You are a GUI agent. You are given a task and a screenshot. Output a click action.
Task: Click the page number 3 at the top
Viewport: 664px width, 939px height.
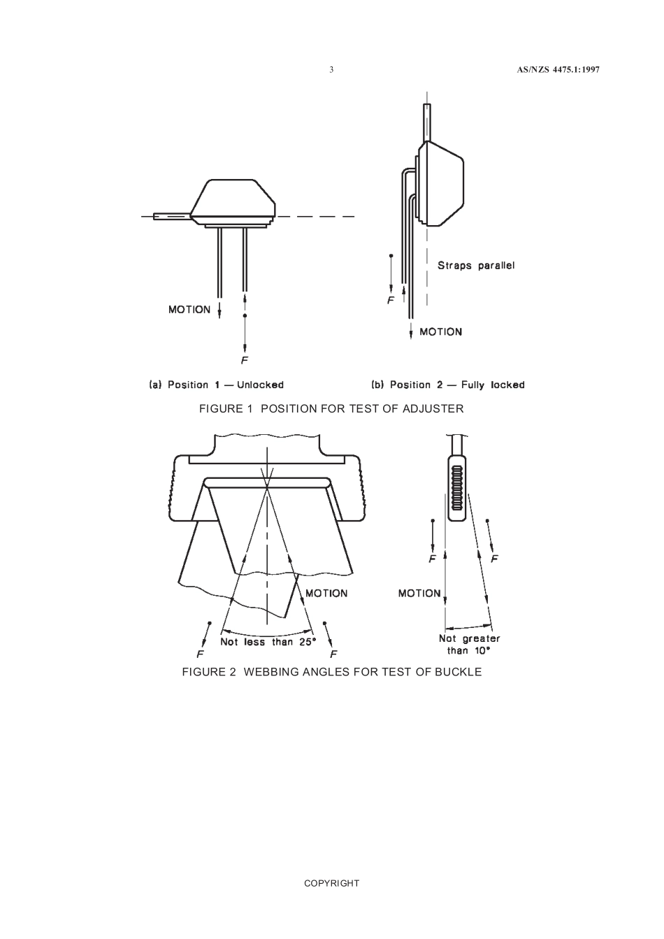[x=331, y=70]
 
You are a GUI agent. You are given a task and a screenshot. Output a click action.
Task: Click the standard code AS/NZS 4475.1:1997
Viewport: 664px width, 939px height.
[x=558, y=70]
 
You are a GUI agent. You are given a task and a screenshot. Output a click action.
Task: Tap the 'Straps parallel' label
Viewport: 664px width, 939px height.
[x=475, y=266]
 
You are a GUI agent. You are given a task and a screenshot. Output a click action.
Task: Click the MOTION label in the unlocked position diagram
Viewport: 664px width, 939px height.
[x=189, y=310]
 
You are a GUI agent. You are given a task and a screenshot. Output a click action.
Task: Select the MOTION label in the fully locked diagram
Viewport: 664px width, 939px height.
[x=440, y=332]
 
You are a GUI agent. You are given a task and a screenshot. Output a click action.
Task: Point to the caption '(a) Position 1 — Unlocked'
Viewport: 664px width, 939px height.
[x=217, y=385]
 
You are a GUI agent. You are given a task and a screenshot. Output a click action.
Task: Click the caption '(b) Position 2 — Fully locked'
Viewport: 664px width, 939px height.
[x=447, y=385]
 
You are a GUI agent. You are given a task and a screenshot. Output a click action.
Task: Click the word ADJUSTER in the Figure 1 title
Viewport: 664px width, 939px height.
[x=433, y=408]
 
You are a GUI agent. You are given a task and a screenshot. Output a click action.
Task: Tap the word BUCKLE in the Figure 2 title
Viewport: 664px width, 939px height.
[x=456, y=672]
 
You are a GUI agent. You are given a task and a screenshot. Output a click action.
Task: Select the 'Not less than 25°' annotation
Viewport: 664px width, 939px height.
[x=268, y=641]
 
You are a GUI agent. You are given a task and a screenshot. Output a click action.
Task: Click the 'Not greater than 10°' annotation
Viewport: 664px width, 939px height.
[x=469, y=644]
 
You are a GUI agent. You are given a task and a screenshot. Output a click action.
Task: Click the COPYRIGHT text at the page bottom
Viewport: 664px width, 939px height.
[x=331, y=883]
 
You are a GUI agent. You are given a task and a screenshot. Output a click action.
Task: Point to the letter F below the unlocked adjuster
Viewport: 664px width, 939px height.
[x=245, y=361]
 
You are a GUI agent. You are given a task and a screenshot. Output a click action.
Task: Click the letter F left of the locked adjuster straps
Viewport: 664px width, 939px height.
[x=391, y=301]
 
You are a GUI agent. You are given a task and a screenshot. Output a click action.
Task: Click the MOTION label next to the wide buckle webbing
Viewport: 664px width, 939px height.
[x=326, y=593]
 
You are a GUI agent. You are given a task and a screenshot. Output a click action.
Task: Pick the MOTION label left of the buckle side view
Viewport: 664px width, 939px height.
[x=419, y=593]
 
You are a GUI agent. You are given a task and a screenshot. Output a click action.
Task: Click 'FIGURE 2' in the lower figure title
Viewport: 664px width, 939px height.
[x=209, y=672]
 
